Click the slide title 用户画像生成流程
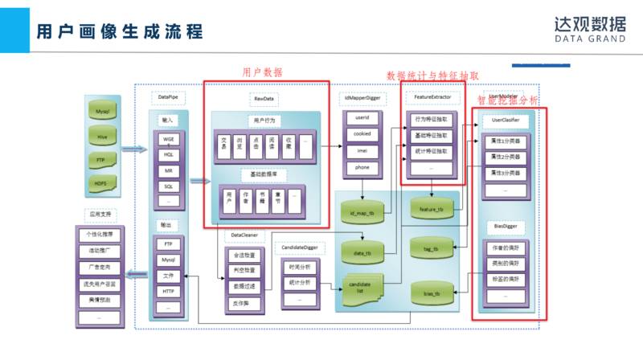pos(119,31)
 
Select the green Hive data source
pos(103,137)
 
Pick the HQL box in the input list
pos(168,153)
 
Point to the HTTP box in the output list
pos(168,291)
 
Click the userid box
pos(361,120)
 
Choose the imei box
pos(361,152)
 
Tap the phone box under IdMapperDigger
pos(361,168)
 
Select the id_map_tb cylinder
pos(363,212)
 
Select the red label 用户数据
pos(262,72)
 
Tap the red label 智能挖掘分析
pos(508,101)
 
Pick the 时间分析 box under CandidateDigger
pos(299,265)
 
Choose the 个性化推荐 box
pos(101,235)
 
